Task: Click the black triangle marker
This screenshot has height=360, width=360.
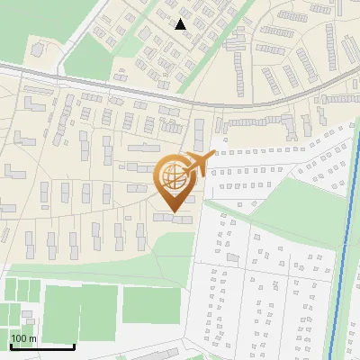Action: tap(181, 24)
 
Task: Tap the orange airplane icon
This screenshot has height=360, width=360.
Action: tap(197, 164)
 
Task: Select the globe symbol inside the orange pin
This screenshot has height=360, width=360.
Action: tap(175, 178)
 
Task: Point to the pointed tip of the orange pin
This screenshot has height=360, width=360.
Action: tap(175, 213)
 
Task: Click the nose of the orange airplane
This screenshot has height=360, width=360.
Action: tap(213, 156)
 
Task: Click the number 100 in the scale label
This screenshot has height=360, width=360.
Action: tap(19, 338)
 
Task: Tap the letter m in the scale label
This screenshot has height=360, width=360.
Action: tap(32, 338)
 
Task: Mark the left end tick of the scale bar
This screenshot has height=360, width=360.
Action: tap(10, 346)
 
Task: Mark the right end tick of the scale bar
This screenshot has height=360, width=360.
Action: tap(74, 346)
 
